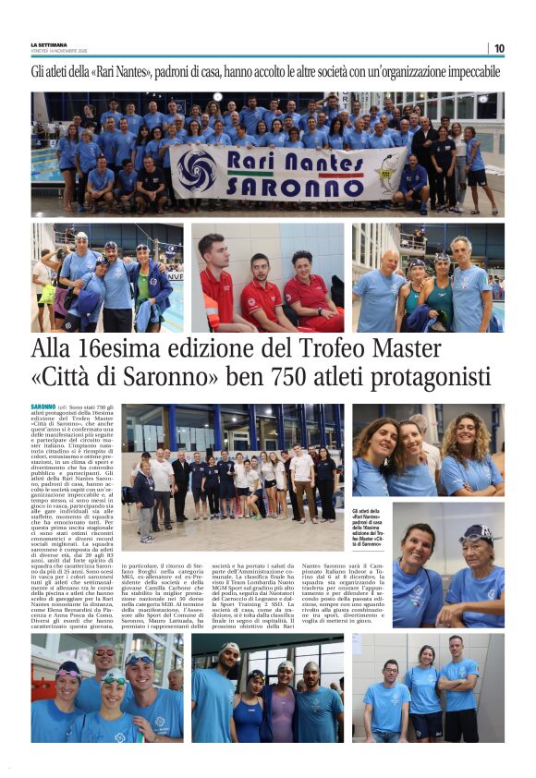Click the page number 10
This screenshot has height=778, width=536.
click(499, 48)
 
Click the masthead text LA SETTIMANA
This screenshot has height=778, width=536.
click(49, 44)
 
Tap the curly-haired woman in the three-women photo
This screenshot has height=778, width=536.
click(471, 453)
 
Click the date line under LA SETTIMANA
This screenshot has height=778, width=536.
click(59, 51)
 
